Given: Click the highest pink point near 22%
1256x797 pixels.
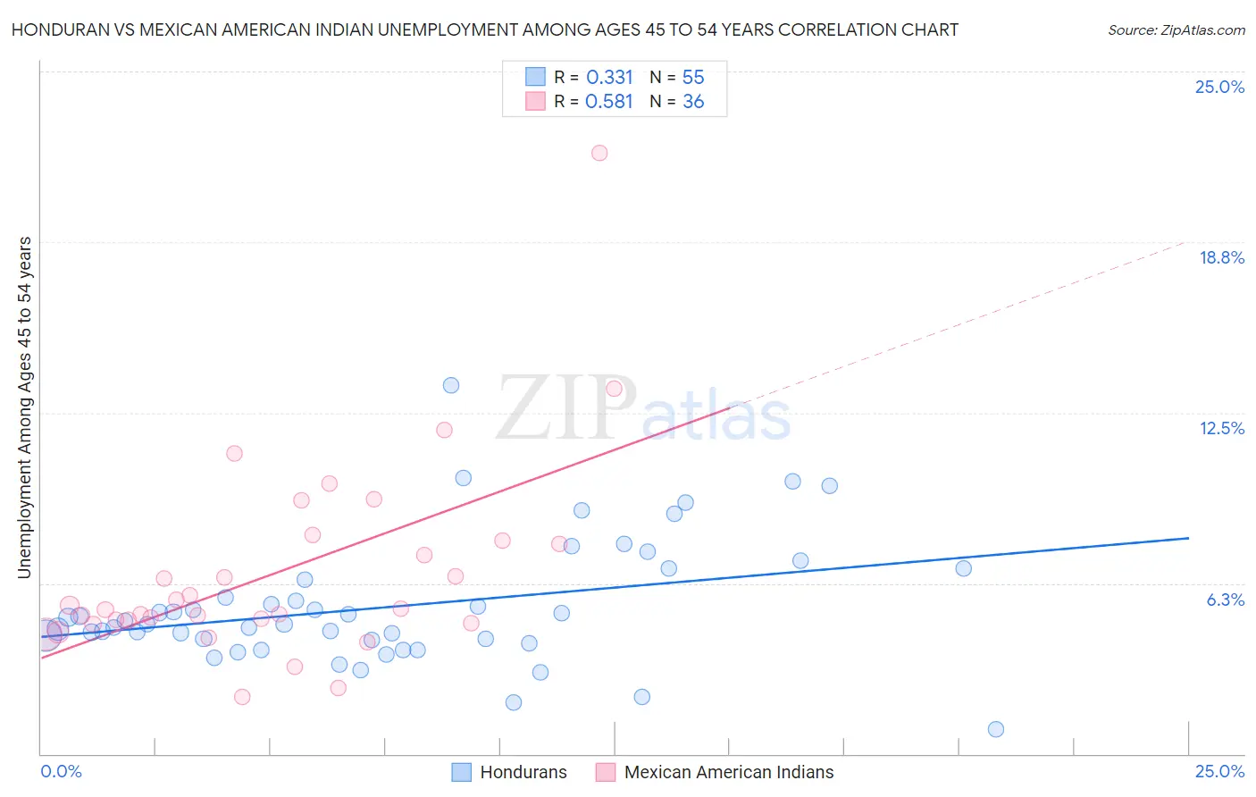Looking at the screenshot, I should coord(599,153).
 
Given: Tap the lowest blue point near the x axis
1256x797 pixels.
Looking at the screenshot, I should coord(996,729).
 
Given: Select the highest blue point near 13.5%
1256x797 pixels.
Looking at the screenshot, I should coord(451,385).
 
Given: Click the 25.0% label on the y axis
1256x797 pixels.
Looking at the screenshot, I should coord(1219,87).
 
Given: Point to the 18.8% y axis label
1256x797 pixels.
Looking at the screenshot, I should coord(1221,257).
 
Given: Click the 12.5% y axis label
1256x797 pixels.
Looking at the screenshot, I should coord(1221,428).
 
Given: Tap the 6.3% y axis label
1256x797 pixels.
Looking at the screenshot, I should coord(1225,600).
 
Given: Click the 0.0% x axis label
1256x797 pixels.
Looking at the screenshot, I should coord(61,771).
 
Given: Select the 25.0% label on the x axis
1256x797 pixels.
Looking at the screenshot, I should coord(1219,771).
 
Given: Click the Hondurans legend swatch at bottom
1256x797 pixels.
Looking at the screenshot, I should coord(461,772).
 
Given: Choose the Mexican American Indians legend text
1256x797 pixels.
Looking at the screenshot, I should coord(728,772).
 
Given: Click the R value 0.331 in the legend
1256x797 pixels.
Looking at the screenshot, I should coord(609,78).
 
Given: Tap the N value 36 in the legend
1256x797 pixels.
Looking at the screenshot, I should coord(693,102).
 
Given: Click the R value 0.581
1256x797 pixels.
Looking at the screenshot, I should coord(609,102).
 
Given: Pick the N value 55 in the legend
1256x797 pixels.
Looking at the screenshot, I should coord(693,78).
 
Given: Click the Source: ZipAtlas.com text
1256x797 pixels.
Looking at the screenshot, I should coord(1176,30).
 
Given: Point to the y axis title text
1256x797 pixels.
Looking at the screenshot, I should coord(25,407).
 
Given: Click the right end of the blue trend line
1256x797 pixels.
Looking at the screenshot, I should coord(1188,538).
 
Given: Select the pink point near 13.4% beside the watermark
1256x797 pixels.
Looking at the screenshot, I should coord(614,389).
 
